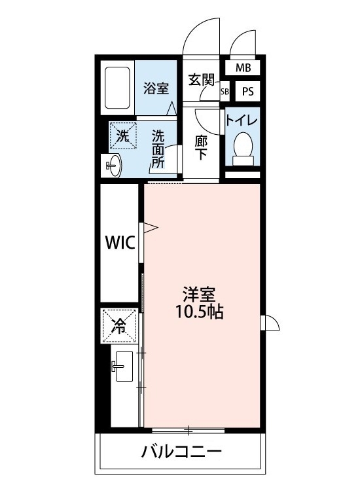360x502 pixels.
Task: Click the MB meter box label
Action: click(x=243, y=67)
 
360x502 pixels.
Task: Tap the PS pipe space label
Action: click(x=247, y=91)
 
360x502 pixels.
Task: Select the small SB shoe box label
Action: click(x=225, y=92)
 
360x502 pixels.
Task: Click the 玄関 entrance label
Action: click(x=202, y=81)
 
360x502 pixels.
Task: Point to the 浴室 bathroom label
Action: click(x=157, y=88)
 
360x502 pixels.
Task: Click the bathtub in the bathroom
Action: click(x=118, y=87)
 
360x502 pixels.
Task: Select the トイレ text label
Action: click(x=242, y=120)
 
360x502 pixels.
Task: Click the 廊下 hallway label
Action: click(x=202, y=147)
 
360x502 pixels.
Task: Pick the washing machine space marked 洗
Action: click(x=123, y=136)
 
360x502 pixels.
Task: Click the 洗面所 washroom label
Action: click(x=158, y=149)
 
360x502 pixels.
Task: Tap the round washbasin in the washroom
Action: click(x=113, y=166)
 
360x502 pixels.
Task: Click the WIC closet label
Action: click(x=120, y=243)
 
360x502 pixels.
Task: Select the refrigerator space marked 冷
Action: click(x=120, y=325)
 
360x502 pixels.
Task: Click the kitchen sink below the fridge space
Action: click(x=122, y=370)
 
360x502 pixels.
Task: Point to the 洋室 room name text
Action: click(x=199, y=294)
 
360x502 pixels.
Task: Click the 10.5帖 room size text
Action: click(x=199, y=312)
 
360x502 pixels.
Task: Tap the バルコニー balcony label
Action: click(x=182, y=452)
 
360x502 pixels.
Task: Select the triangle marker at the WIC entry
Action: click(x=150, y=228)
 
